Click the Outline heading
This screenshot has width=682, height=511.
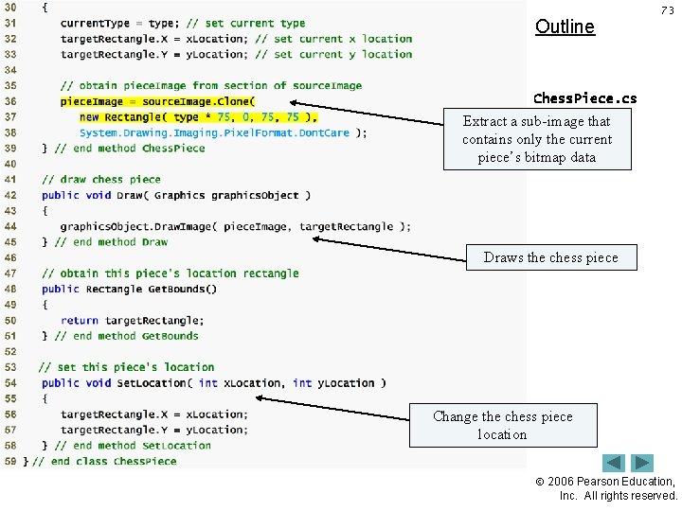pos(565,26)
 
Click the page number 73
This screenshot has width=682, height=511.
pos(667,9)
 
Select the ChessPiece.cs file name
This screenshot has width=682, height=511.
pos(584,97)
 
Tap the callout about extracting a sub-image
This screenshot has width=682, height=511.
pos(537,139)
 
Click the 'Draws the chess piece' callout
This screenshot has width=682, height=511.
pos(550,257)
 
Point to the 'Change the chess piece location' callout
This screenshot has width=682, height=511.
pos(503,425)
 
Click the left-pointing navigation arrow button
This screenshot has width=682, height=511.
pos(615,463)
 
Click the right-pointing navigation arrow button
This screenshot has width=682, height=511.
pos(643,463)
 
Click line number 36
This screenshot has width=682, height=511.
pos(9,101)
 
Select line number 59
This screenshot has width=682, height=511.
pos(9,461)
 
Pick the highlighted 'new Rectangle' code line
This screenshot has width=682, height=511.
pos(199,117)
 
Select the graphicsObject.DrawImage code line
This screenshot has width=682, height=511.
pos(235,226)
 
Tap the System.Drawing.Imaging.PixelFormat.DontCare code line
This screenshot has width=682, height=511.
pos(223,132)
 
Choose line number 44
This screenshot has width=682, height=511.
pos(9,226)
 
